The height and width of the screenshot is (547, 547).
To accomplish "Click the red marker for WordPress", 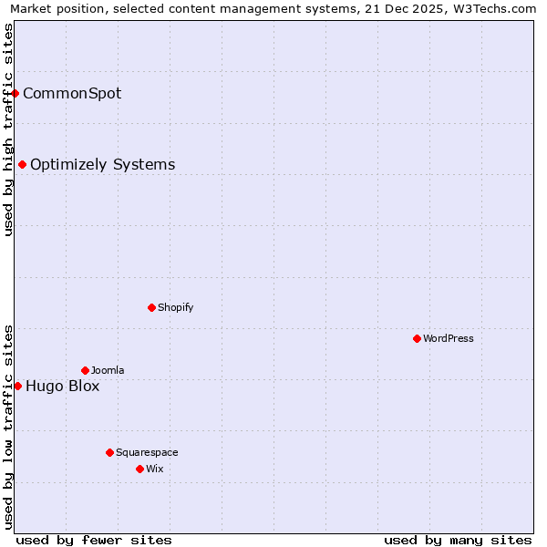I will pyautogui.click(x=417, y=338).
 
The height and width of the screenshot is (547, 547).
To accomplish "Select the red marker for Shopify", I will pyautogui.click(x=151, y=307).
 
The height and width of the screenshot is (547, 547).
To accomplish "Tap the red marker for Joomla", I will pyautogui.click(x=85, y=370).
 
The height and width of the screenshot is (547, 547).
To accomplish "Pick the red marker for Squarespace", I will pyautogui.click(x=109, y=452).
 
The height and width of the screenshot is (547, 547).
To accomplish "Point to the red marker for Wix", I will pyautogui.click(x=139, y=469).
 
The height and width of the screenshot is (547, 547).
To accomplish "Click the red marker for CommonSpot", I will pyautogui.click(x=15, y=93).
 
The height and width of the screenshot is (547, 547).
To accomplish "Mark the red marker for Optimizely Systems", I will pyautogui.click(x=22, y=164).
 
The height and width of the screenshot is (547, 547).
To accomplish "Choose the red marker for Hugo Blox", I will pyautogui.click(x=17, y=386).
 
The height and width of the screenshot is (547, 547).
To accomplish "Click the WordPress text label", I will pyautogui.click(x=449, y=338).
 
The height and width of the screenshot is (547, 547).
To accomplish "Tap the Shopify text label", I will pyautogui.click(x=175, y=307).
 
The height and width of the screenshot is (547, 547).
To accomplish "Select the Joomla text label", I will pyautogui.click(x=108, y=370).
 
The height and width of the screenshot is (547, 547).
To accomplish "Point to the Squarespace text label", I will pyautogui.click(x=147, y=452).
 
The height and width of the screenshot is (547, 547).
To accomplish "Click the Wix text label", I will pyautogui.click(x=154, y=469).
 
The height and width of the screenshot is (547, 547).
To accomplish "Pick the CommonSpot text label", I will pyautogui.click(x=72, y=93).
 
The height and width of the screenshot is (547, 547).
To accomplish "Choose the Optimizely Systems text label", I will pyautogui.click(x=102, y=164).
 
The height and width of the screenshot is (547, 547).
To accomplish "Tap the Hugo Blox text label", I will pyautogui.click(x=62, y=386).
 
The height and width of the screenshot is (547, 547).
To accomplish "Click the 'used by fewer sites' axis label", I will pyautogui.click(x=94, y=540).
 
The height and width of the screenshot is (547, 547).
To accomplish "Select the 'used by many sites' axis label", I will pyautogui.click(x=458, y=540).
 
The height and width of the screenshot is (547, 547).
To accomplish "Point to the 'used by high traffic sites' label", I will pyautogui.click(x=9, y=129).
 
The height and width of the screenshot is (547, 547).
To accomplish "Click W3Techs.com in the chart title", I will pyautogui.click(x=493, y=9).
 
